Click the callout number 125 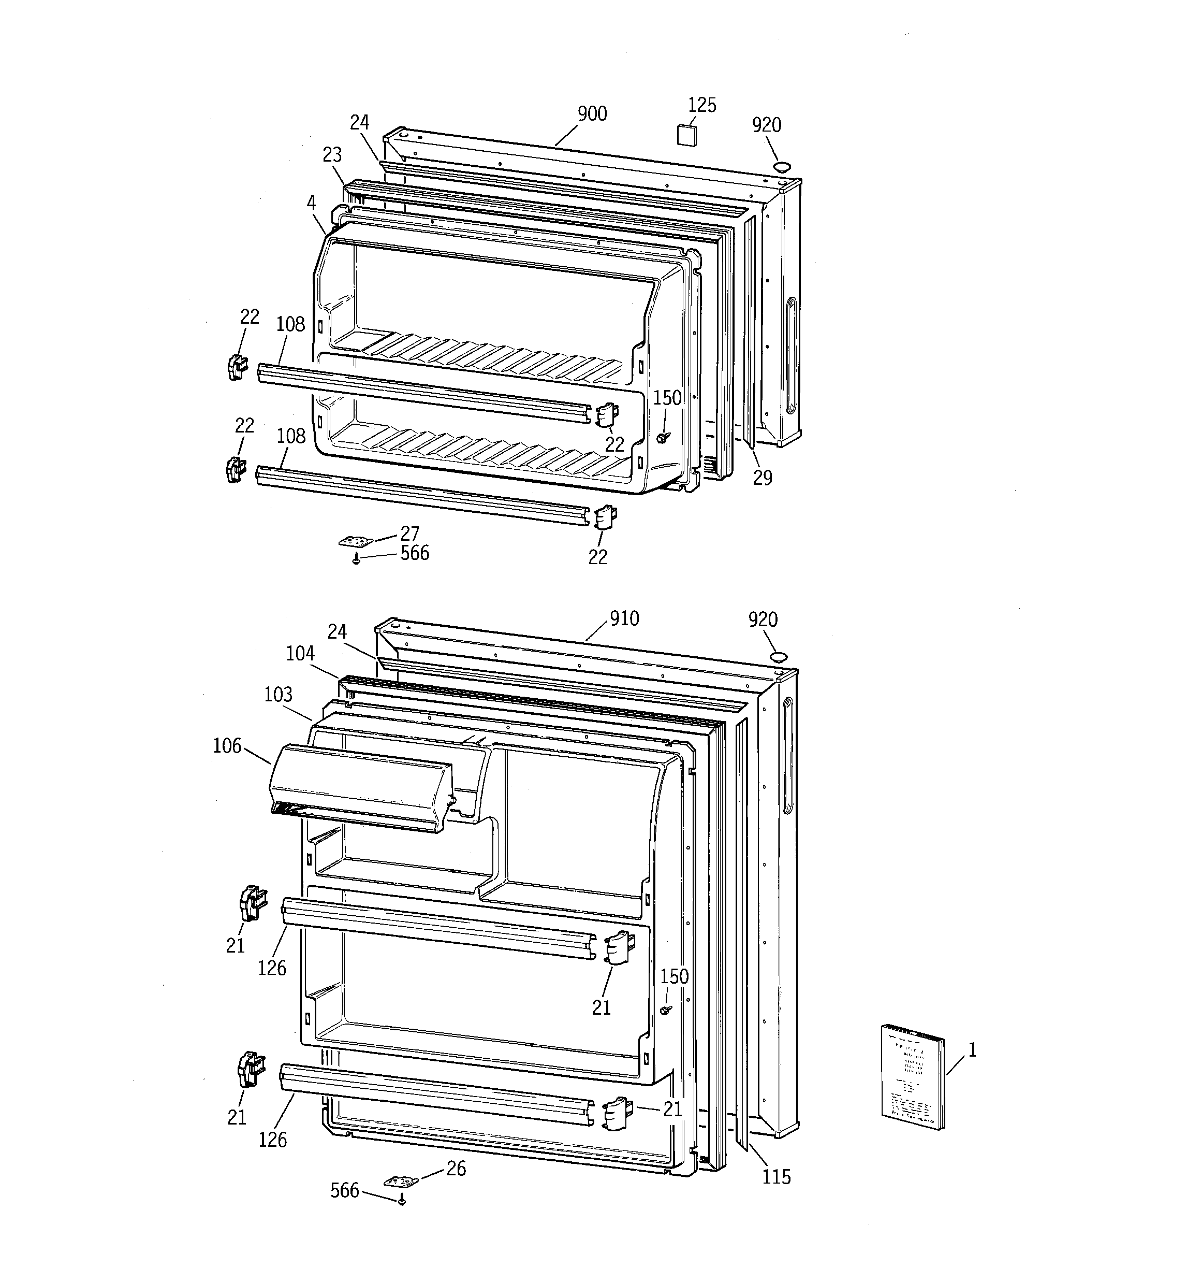[x=701, y=105]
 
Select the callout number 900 [x=592, y=114]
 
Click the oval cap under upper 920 [x=782, y=166]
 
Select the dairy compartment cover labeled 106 [x=361, y=788]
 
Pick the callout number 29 [x=763, y=478]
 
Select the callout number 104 [x=300, y=653]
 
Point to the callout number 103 [x=278, y=695]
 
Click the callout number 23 [x=332, y=155]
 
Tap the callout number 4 [x=311, y=203]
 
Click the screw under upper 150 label [x=662, y=437]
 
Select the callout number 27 [x=409, y=534]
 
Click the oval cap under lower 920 [x=778, y=657]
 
